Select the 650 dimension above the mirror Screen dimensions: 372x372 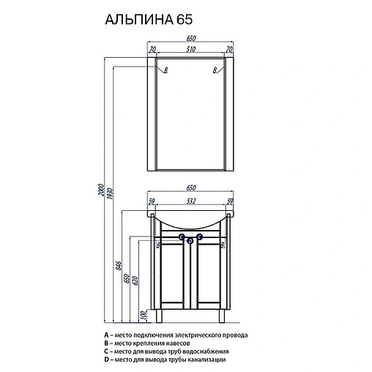[x=193, y=39]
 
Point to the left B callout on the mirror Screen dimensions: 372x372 [x=166, y=70]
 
